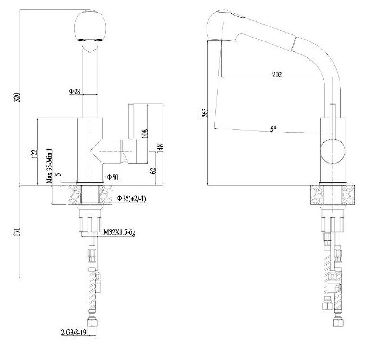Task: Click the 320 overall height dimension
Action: click(17, 97)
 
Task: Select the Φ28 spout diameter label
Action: click(75, 91)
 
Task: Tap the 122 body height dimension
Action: click(35, 154)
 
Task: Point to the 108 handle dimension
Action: click(145, 134)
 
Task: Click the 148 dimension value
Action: click(160, 149)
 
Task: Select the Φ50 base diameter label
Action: click(113, 177)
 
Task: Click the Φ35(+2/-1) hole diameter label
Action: click(131, 198)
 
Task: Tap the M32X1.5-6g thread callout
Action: click(119, 232)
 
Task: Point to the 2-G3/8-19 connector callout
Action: click(74, 333)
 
